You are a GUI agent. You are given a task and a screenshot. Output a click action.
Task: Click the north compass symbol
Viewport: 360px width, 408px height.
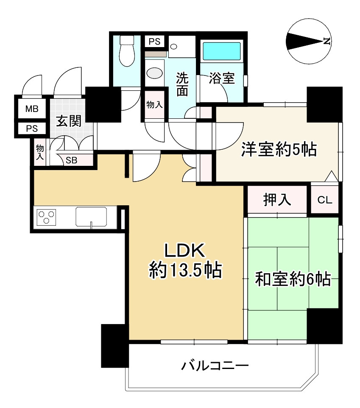308,42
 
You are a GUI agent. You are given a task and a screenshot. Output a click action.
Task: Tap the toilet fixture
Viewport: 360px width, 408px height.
126,51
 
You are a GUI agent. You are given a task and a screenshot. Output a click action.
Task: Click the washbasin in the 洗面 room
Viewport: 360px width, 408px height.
155,73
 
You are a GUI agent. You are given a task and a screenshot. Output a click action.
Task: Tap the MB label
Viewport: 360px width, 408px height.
32,109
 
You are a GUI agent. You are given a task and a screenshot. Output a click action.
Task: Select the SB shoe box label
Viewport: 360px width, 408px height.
71,160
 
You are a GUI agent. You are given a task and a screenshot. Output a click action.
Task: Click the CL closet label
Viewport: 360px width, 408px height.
325,200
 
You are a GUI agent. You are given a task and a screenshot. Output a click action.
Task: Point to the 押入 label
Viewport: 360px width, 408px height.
277,200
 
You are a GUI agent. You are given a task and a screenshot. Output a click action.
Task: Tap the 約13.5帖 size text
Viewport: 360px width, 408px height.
185,270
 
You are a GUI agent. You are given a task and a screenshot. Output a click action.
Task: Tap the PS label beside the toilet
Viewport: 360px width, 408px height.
154,42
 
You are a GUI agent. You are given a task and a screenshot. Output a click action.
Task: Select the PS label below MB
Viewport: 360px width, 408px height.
32,129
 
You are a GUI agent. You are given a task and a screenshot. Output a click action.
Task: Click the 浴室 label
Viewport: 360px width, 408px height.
222,78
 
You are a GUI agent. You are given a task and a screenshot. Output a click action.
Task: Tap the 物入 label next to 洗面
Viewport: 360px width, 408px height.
155,105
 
